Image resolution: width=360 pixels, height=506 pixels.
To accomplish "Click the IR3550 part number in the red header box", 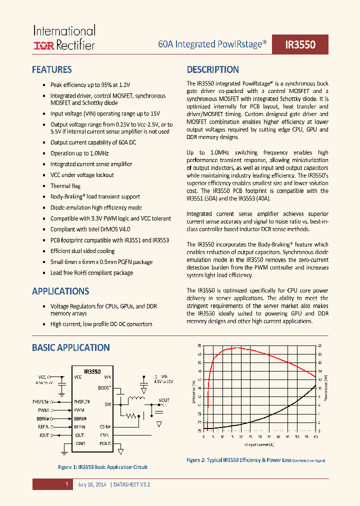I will pyautogui.click(x=300, y=44).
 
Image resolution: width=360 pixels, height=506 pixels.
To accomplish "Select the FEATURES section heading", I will pyautogui.click(x=51, y=70).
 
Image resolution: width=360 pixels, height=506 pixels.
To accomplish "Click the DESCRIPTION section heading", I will pyautogui.click(x=212, y=70).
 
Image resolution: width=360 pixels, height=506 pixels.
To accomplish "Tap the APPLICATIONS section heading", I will pyautogui.click(x=60, y=291).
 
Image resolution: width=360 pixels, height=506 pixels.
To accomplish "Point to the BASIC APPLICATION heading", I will pyautogui.click(x=70, y=347).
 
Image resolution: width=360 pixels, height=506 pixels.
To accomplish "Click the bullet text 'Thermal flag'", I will pyautogui.click(x=65, y=186).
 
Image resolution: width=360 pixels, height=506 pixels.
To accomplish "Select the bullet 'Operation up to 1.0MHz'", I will pyautogui.click(x=79, y=153).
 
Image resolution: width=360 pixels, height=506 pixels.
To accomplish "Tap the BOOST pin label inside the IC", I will pyautogui.click(x=104, y=387).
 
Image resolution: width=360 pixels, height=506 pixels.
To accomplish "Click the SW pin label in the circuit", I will pyautogui.click(x=107, y=404).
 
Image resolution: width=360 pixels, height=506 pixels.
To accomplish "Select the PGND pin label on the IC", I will pyautogui.click(x=104, y=443).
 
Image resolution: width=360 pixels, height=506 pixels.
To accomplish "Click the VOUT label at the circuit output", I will pyautogui.click(x=163, y=400).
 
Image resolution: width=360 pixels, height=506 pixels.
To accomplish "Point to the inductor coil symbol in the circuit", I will pyautogui.click(x=135, y=399).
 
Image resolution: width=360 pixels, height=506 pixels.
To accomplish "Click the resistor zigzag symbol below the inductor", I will pyautogui.click(x=131, y=415).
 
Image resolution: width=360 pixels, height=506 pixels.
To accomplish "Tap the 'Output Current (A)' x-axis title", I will pyautogui.click(x=259, y=444).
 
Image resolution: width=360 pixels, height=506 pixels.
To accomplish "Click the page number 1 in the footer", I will pyautogui.click(x=66, y=484).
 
